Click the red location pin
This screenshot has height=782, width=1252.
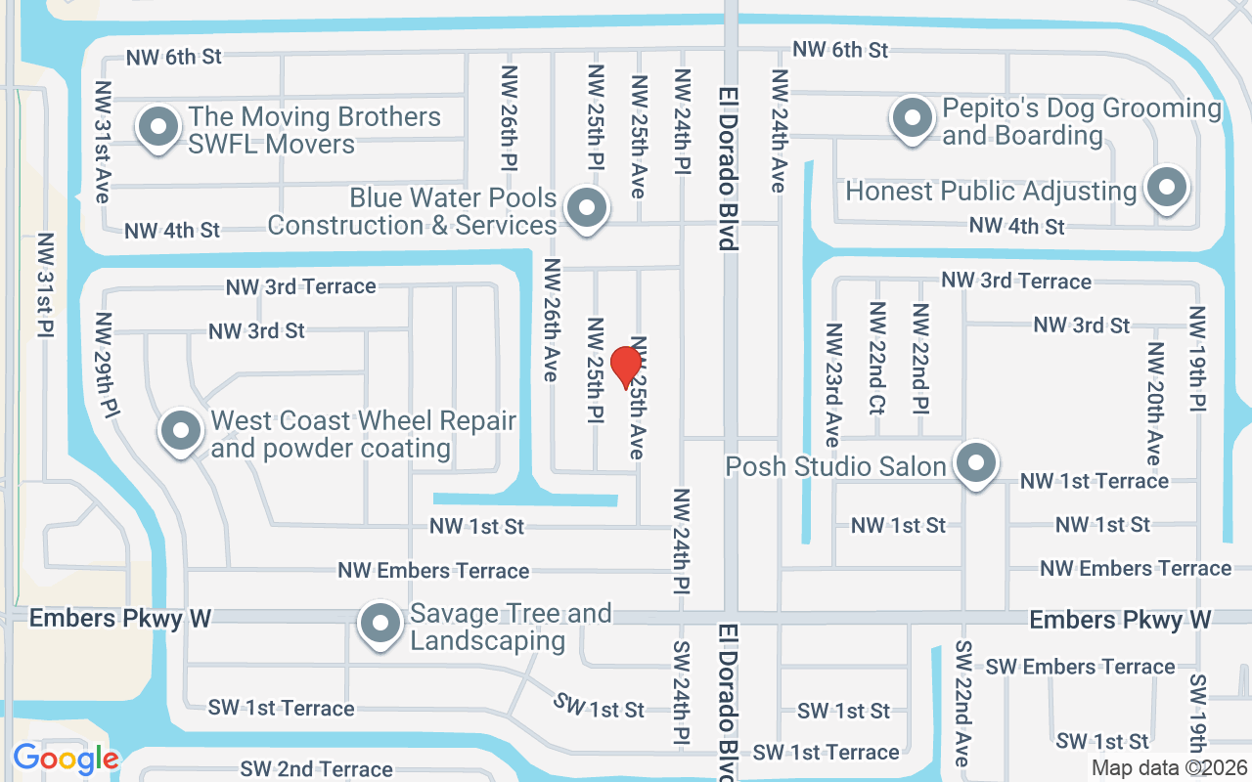625,368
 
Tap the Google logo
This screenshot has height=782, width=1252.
66,759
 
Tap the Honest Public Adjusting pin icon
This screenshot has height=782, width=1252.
1166,189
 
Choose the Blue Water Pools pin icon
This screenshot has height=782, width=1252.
587,208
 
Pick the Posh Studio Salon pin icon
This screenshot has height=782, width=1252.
975,464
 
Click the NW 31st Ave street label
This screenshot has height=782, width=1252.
103,142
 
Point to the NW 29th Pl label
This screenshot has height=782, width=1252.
107,363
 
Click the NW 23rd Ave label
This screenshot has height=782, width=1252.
832,384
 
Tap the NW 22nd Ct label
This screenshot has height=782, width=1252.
876,358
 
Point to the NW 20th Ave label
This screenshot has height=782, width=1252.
1154,403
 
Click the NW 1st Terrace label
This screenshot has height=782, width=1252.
1094,480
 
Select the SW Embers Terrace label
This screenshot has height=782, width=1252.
1080,667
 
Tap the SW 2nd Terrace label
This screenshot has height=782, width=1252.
316,769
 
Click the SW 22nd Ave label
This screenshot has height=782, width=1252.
962,704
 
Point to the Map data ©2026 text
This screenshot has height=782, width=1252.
1168,768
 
